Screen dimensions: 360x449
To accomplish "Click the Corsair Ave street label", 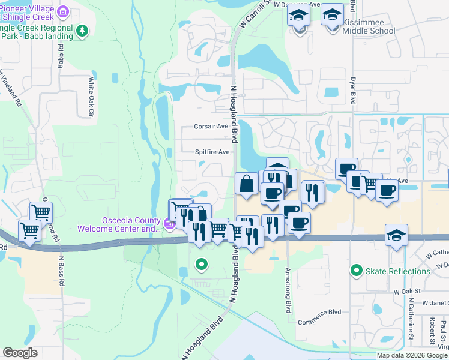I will tap(211, 127).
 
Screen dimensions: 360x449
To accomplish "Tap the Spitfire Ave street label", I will tap(212, 152).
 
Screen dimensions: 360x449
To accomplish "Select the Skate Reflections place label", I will tap(398, 271).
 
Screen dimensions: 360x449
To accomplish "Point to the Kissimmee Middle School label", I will tap(376, 30).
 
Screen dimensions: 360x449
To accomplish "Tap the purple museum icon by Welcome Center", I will tap(169, 225).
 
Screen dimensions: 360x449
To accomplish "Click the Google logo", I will tap(20, 353).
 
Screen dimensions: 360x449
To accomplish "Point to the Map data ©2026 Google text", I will tap(412, 355).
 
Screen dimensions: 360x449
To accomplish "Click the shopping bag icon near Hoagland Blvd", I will tap(247, 183).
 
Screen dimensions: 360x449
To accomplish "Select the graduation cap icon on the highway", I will tap(396, 235).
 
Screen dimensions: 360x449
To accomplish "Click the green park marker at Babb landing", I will tap(83, 30).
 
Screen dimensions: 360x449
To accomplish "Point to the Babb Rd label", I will tap(61, 59).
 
